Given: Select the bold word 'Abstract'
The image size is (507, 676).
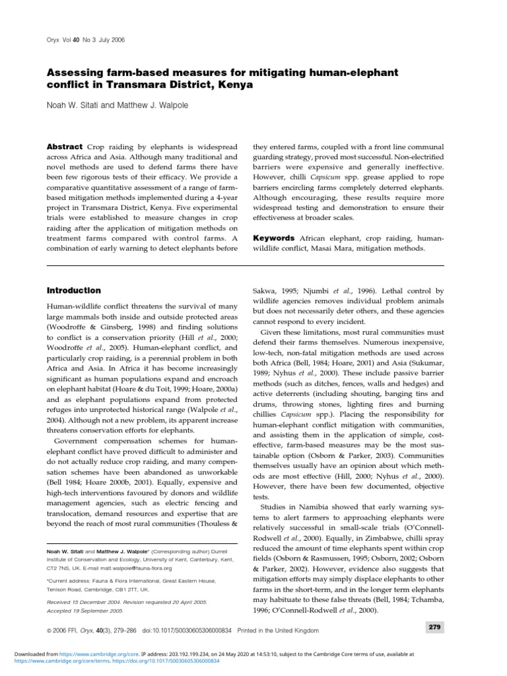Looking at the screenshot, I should (64, 147).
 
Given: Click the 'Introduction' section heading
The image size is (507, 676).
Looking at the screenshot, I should (73, 290).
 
